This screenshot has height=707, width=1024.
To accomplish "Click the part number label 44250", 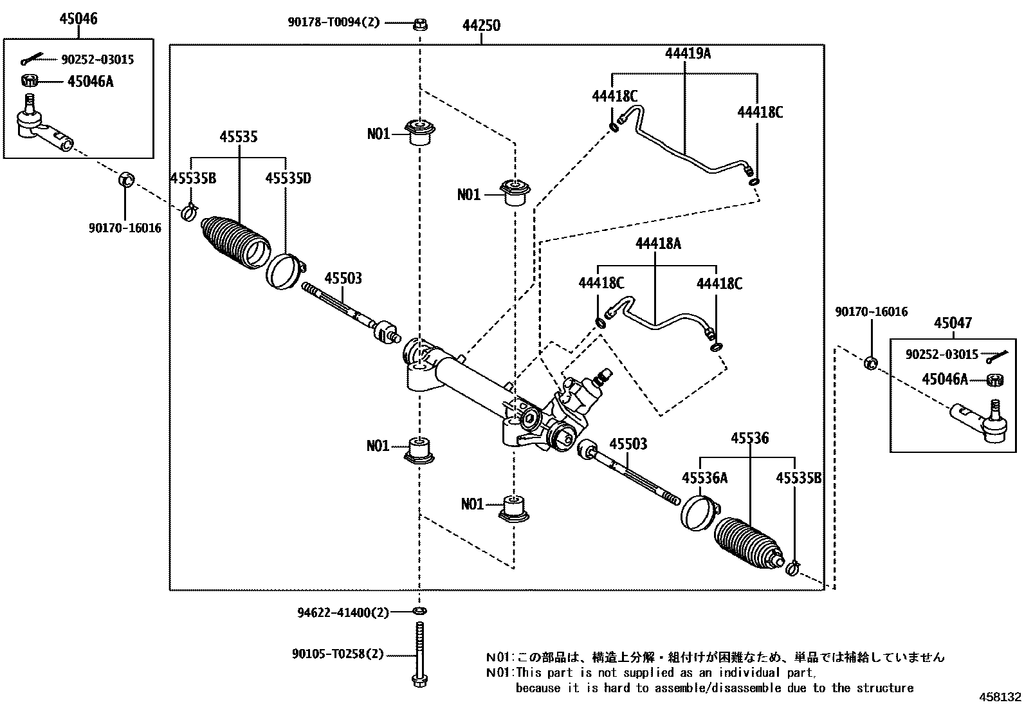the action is (x=481, y=26).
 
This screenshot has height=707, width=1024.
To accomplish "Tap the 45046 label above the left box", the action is (x=78, y=19).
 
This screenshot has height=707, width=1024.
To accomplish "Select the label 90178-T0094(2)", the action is (x=334, y=23).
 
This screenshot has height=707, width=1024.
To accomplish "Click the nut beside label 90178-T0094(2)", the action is (x=419, y=24).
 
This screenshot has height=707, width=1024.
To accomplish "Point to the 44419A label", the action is (x=688, y=53).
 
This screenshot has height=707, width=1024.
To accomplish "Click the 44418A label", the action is (x=658, y=244).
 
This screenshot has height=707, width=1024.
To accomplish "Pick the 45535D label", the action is (x=288, y=178).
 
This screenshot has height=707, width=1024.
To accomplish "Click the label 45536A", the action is (x=704, y=478).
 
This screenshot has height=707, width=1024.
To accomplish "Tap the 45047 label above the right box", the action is (x=953, y=323).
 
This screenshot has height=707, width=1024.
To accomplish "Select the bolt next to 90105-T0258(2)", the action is (x=419, y=654).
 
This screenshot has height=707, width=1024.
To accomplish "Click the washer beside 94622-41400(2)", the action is (x=419, y=611).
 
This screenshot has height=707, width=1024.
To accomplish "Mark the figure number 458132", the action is (x=1000, y=697).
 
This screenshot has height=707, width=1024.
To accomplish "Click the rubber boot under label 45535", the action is (x=235, y=243).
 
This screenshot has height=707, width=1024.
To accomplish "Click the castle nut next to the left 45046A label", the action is (x=29, y=81).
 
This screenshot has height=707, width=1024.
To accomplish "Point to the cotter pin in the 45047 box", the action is (x=997, y=356).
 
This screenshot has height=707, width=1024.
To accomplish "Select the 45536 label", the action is (x=750, y=438).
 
